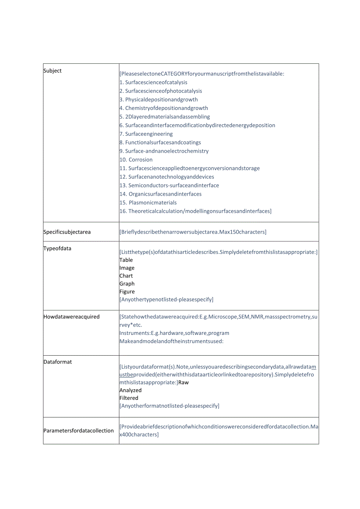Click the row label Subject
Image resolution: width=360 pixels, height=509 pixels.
pos(52,71)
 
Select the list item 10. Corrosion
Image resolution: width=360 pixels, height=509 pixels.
pos(136,160)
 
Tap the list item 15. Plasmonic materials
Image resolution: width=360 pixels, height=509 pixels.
pos(148,203)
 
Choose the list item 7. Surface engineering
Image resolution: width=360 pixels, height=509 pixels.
pos(146,134)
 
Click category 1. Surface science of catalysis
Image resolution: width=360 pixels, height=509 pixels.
pos(153,82)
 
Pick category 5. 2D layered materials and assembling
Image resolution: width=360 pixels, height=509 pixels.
pos(165,117)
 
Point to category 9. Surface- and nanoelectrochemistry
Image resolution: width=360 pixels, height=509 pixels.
pos(164,151)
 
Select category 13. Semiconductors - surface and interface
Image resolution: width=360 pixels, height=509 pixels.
pos(169,185)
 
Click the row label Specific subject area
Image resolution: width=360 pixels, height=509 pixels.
pos(67,232)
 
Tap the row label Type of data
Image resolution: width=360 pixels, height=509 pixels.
pos(57,248)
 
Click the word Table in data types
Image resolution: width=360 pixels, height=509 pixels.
pos(126,260)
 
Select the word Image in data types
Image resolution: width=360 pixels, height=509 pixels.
pos(127,268)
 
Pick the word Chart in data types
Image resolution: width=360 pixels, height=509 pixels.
pos(126,276)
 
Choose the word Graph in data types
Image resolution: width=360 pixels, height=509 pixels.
pos(127,284)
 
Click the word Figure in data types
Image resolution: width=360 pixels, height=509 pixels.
pos(127,291)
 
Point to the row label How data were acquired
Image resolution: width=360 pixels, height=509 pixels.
pos(71,317)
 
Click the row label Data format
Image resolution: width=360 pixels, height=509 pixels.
pos(58,362)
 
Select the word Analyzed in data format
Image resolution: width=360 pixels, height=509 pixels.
pos(131,390)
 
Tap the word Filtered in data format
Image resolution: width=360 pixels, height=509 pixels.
pos(129,398)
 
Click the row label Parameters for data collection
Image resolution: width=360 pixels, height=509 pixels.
pos(78,431)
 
